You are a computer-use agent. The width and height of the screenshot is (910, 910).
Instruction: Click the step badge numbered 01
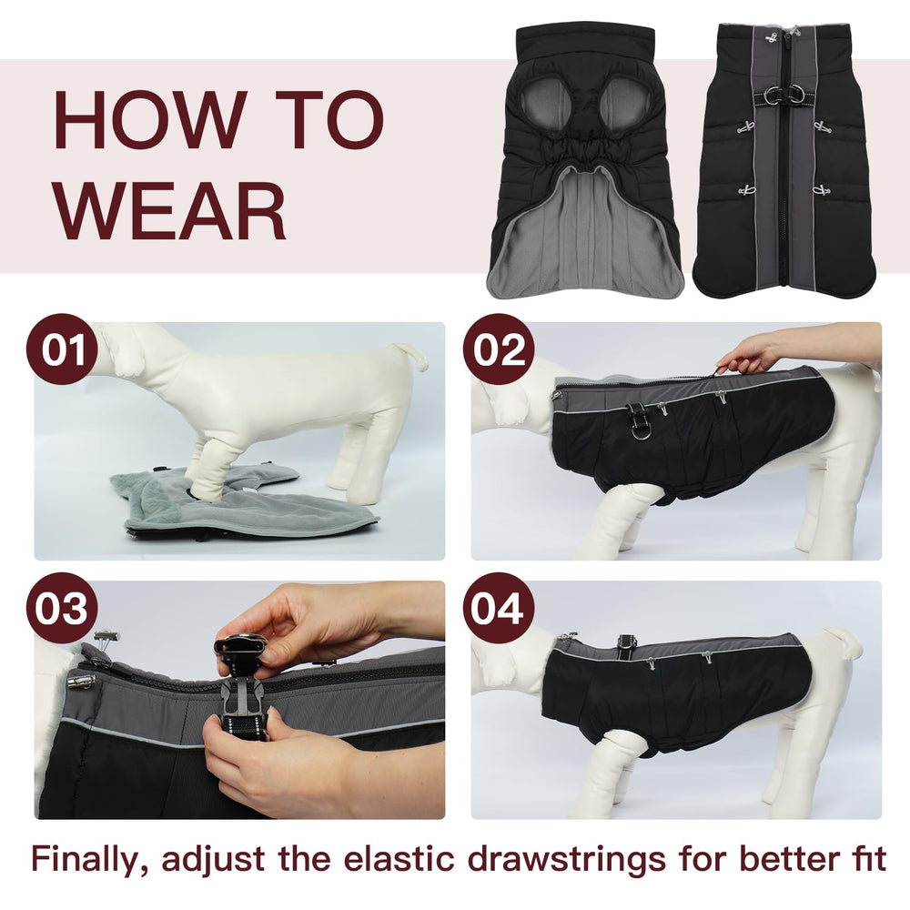(62, 349)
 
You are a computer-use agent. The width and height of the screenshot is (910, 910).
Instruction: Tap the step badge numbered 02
(499, 349)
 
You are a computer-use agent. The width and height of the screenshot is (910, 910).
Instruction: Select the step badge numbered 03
(62, 608)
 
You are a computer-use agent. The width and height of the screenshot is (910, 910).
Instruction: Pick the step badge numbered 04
(499, 608)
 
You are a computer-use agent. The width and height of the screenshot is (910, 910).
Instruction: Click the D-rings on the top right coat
(774, 96)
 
